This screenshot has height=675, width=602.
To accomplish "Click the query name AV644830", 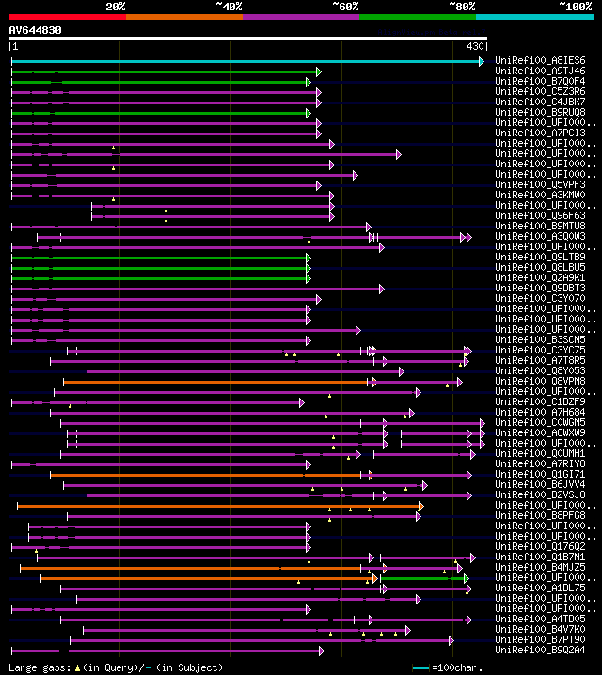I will pos(36,30).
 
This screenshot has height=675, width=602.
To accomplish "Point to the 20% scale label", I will pos(115,7).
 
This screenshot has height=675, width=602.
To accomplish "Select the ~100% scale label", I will pos(574,7).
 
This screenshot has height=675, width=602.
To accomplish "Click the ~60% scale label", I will pos(345,7).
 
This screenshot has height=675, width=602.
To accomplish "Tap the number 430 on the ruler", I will pos(475,46).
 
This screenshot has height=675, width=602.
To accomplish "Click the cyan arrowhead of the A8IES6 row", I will pos(482,61).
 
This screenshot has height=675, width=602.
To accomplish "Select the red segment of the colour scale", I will pos(67,16).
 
